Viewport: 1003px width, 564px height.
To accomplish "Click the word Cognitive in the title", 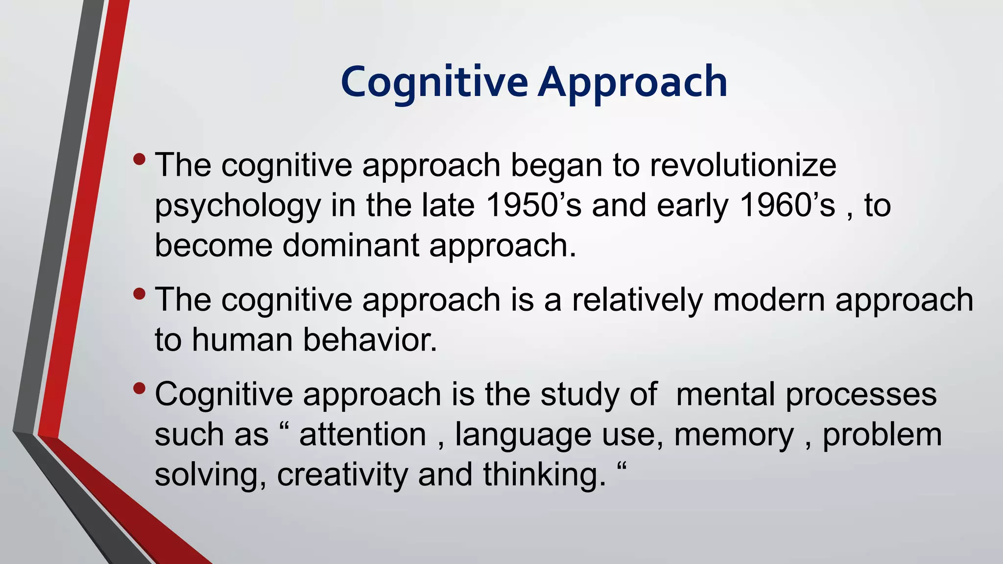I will click(434, 82).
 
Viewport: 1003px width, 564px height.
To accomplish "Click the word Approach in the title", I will click(632, 82).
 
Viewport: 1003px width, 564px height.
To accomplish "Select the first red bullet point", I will click(139, 159).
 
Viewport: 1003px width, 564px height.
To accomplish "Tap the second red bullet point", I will click(139, 294).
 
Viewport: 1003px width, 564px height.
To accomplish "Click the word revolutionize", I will click(743, 165).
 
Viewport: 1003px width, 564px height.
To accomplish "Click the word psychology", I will click(238, 206).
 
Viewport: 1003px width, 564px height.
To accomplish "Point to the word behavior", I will click(370, 340).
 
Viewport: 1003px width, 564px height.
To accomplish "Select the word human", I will click(242, 340).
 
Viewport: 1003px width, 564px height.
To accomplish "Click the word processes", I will click(861, 395).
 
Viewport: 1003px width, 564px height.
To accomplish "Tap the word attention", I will click(363, 435).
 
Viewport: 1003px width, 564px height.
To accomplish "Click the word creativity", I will click(342, 475).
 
